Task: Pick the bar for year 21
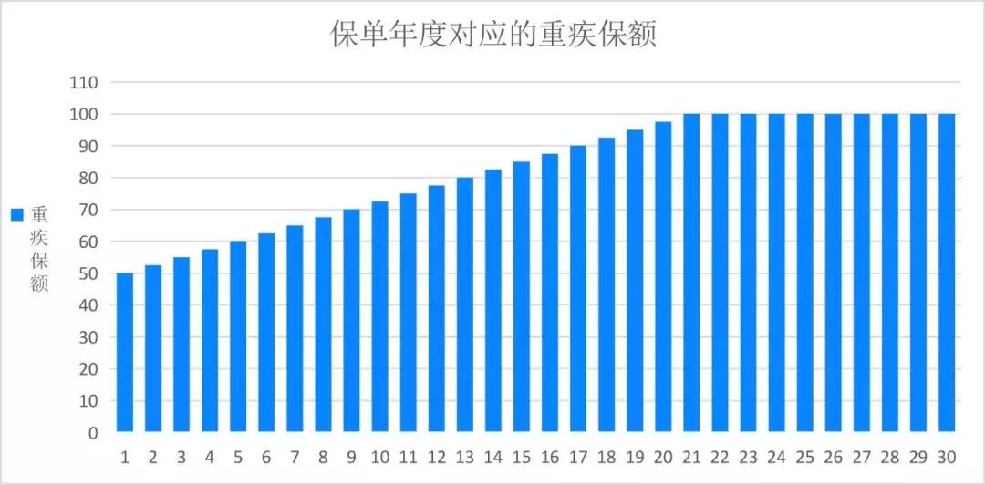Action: point(691,273)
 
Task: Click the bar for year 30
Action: point(947,273)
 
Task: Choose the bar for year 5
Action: point(238,336)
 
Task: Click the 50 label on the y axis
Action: point(88,273)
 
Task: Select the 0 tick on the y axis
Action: point(93,433)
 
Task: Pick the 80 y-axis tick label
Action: point(88,178)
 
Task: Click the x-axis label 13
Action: point(465,456)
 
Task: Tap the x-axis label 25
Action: point(805,456)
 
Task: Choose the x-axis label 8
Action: point(323,456)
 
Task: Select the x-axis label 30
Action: point(947,456)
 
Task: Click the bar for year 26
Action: point(834,273)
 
